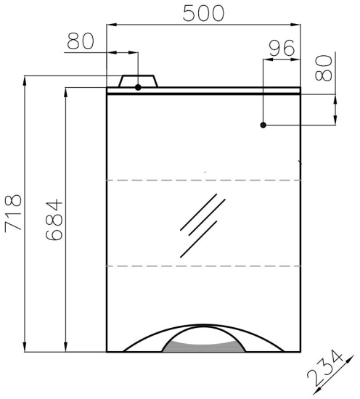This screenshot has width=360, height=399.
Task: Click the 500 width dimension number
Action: tap(204, 13)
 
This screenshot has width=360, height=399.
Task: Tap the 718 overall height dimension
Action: tap(13, 213)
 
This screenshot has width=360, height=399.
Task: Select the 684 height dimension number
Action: tap(54, 220)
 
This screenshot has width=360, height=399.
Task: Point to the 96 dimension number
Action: tap(282, 48)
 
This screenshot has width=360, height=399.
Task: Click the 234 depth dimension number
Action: tap(325, 372)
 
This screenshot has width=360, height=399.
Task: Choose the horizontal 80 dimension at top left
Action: tap(81, 41)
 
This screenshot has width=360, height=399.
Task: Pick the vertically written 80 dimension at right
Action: tap(324, 68)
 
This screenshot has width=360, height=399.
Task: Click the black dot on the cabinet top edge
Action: tap(138, 88)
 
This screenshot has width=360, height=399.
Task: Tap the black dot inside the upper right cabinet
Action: tap(263, 126)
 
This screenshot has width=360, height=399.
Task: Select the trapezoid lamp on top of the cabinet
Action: tap(138, 81)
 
